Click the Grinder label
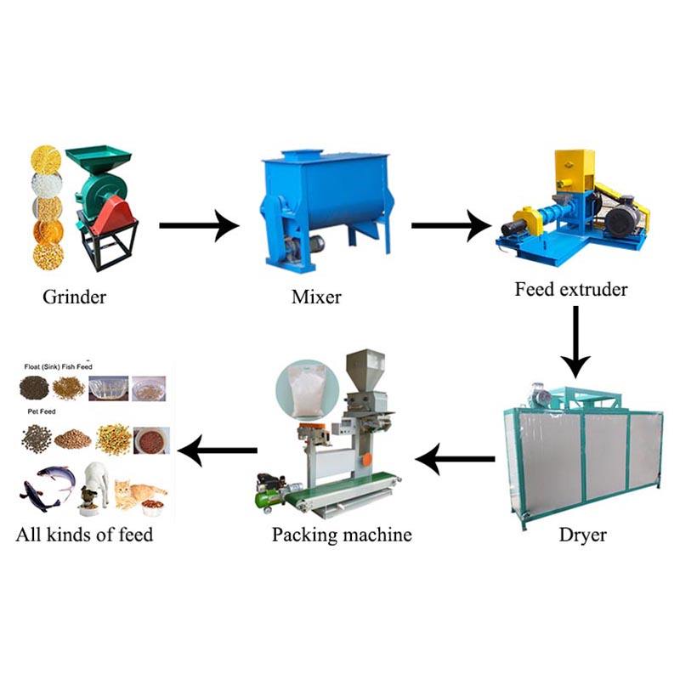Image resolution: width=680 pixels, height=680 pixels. click(75, 297)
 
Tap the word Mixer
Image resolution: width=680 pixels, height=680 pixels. click(316, 297)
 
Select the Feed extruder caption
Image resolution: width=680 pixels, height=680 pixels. click(570, 289)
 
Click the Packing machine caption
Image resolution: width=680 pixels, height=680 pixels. click(342, 535)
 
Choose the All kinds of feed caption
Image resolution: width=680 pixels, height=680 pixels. click(84, 535)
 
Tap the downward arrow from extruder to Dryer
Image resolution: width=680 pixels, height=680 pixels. click(575, 340)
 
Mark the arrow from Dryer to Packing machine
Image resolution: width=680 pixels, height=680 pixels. click(455, 460)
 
